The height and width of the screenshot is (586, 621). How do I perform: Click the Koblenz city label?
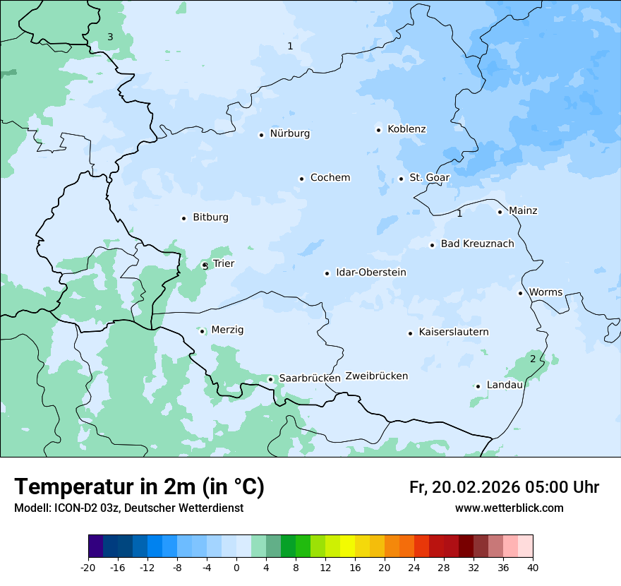(406, 129)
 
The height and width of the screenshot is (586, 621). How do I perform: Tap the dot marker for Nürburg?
(261, 135)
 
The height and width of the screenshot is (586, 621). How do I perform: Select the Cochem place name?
(330, 178)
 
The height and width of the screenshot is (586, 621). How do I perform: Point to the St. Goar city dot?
(401, 179)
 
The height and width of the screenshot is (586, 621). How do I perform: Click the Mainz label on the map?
(522, 211)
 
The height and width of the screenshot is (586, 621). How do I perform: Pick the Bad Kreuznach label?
(477, 244)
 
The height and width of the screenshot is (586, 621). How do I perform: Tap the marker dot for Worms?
(521, 293)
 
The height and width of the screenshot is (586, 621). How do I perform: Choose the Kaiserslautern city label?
(453, 333)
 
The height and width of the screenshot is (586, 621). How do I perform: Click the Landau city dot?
(478, 386)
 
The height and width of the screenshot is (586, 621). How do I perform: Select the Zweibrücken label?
(376, 376)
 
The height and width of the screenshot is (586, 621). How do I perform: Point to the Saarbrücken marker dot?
(270, 379)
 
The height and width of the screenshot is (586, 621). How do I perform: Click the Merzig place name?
(227, 330)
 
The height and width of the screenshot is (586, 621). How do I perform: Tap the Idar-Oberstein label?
(370, 273)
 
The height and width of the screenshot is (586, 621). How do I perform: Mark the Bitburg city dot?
(183, 218)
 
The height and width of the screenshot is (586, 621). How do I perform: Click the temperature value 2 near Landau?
(533, 359)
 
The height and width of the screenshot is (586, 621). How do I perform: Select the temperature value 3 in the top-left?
(110, 37)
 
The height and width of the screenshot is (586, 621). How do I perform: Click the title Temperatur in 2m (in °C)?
(139, 487)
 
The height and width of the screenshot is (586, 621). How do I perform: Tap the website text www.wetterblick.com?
(509, 508)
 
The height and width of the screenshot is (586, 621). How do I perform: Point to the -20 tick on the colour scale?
(88, 567)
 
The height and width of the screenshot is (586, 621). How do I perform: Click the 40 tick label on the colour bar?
(533, 567)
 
